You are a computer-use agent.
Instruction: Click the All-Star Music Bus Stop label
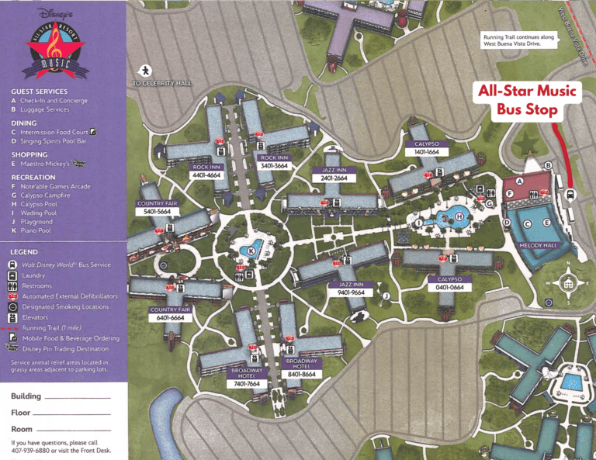point(527,100)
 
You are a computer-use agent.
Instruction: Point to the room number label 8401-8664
point(301,374)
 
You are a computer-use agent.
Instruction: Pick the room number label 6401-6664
point(170,318)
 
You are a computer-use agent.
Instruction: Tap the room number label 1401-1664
point(427,152)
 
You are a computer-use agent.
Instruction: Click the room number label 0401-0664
point(449,288)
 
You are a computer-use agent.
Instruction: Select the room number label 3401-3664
point(275,166)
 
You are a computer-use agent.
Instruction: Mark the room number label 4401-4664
point(206,175)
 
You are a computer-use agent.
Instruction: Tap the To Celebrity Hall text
point(161,83)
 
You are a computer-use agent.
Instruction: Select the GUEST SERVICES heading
point(39,92)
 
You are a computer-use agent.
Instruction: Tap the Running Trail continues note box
point(515,40)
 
